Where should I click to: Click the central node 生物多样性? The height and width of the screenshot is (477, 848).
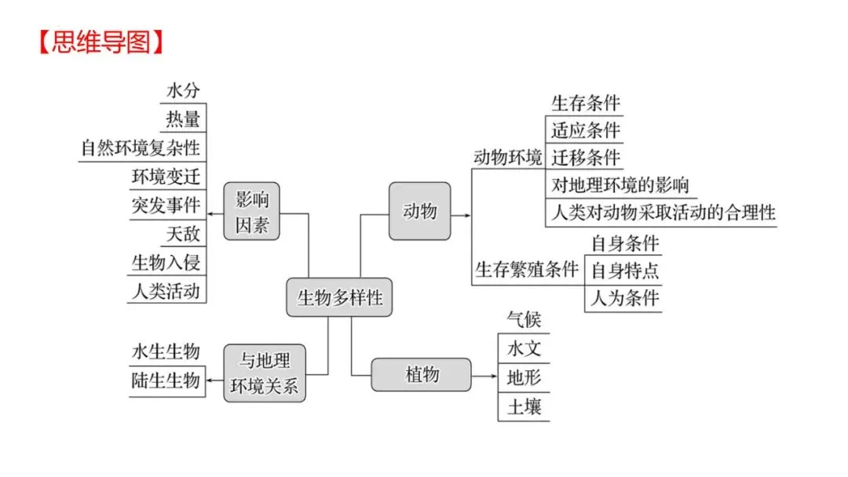coord(339,297)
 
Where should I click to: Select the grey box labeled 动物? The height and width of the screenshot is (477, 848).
coord(419,211)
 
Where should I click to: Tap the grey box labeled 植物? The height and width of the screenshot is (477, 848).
coord(422,374)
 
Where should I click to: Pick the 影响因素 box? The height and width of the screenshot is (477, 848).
coord(251,211)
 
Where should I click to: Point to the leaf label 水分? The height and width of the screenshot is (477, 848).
coord(182,92)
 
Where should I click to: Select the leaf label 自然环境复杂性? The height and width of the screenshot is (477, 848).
coord(141,147)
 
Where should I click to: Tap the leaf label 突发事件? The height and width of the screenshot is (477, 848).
coord(166,206)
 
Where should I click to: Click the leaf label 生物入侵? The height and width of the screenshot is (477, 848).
coord(166,263)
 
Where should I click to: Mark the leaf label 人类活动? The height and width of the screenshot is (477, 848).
coord(166,291)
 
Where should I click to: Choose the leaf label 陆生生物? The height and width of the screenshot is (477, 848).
coord(166,381)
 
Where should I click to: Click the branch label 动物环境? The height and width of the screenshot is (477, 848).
coord(507,157)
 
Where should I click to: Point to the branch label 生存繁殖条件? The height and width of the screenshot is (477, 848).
coord(526,270)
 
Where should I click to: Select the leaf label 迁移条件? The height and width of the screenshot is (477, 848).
coord(585,157)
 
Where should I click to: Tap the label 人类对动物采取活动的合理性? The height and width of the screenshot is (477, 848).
coord(663,213)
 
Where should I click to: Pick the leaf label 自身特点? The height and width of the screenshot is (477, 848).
coord(624,271)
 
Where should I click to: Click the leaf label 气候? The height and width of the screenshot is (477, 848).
coord(524,320)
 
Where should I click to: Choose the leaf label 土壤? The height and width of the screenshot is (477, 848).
coord(524,407)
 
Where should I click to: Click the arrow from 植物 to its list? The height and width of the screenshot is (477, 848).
coord(484,375)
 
